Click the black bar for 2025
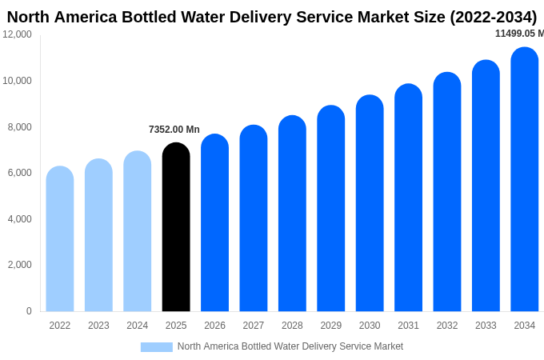[176, 228]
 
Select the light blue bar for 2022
[60, 240]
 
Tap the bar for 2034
[525, 180]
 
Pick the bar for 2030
[370, 204]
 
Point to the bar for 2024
[138, 232]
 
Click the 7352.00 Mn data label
[174, 130]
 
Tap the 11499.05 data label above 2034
[518, 34]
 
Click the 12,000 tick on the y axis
[18, 34]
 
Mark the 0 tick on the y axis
[29, 311]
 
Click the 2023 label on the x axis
[98, 326]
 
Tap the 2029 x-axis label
[331, 326]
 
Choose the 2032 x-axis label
[447, 326]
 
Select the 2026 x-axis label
[214, 326]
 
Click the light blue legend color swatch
[157, 347]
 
